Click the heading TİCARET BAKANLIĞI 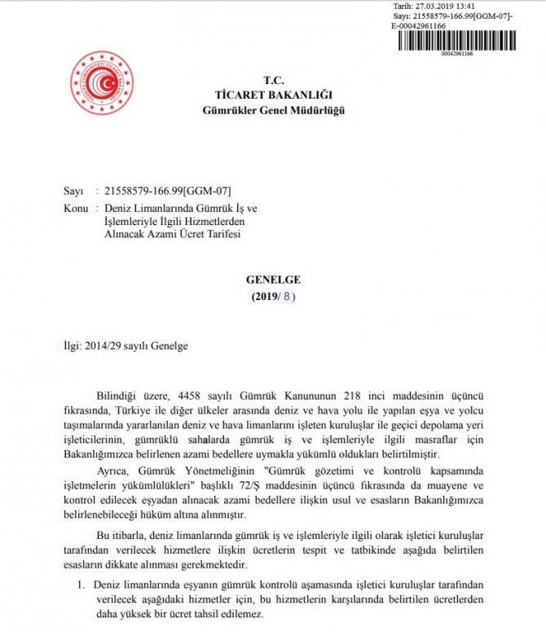pyautogui.click(x=272, y=95)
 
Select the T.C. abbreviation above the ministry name pyautogui.click(x=272, y=81)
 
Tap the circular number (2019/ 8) pyautogui.click(x=273, y=296)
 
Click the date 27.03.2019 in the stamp pyautogui.click(x=433, y=6)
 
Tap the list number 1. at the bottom pyautogui.click(x=82, y=586)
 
